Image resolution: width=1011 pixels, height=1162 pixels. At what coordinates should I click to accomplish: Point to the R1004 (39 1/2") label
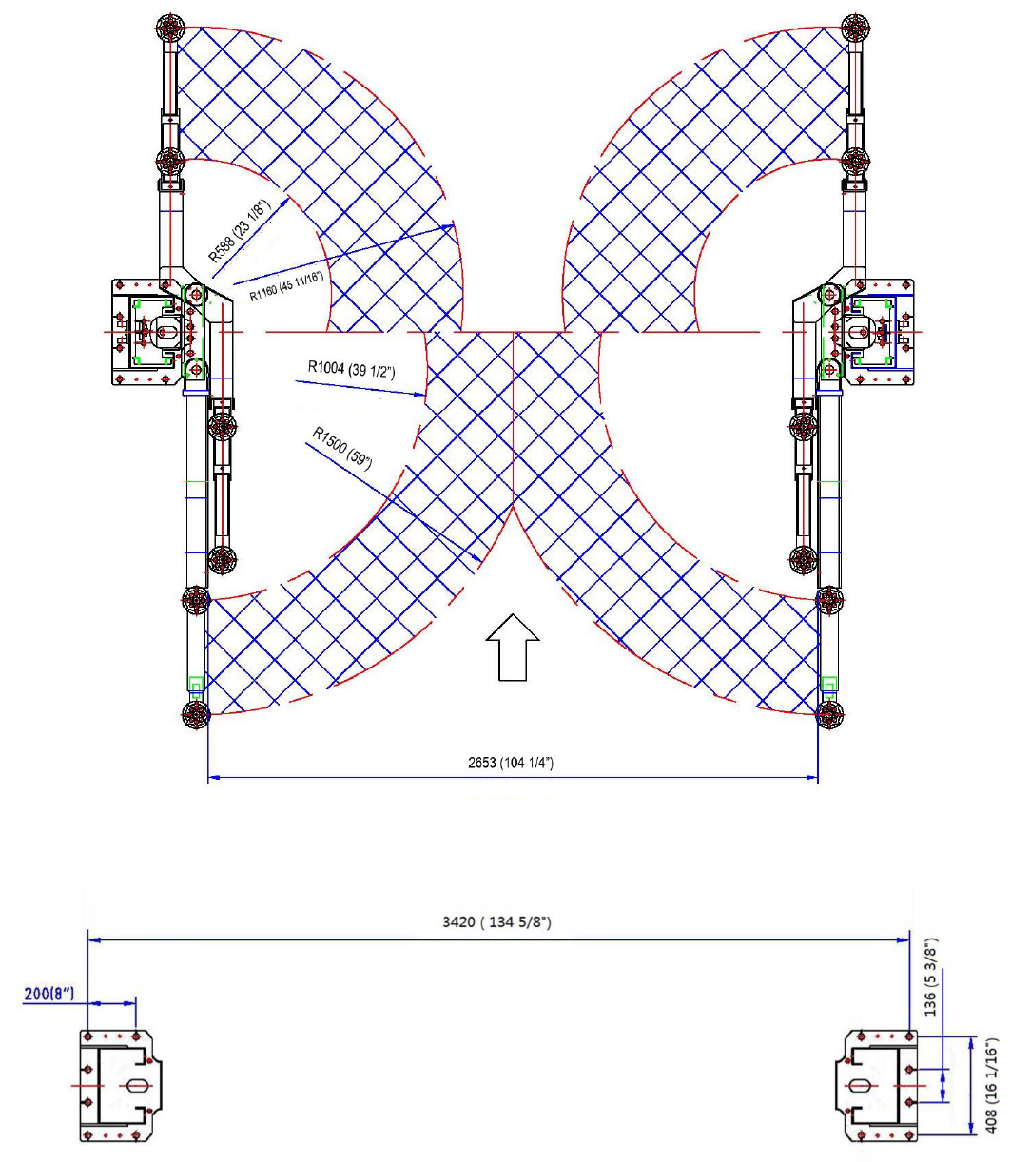tap(351, 370)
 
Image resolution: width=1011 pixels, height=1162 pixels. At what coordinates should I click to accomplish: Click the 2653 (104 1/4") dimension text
tap(510, 763)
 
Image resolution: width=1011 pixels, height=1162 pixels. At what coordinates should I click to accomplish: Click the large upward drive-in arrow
tap(513, 647)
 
